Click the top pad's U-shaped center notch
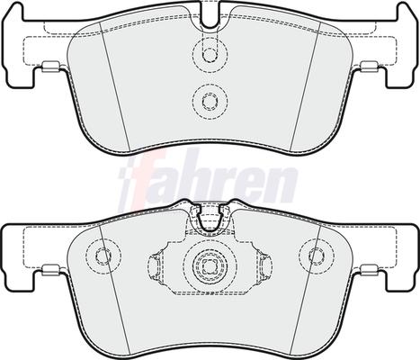[x=210, y=15]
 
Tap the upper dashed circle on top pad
[x=210, y=55]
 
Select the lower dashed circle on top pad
[x=210, y=101]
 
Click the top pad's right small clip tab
[x=370, y=67]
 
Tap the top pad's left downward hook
[x=21, y=76]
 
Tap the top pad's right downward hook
[x=400, y=76]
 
